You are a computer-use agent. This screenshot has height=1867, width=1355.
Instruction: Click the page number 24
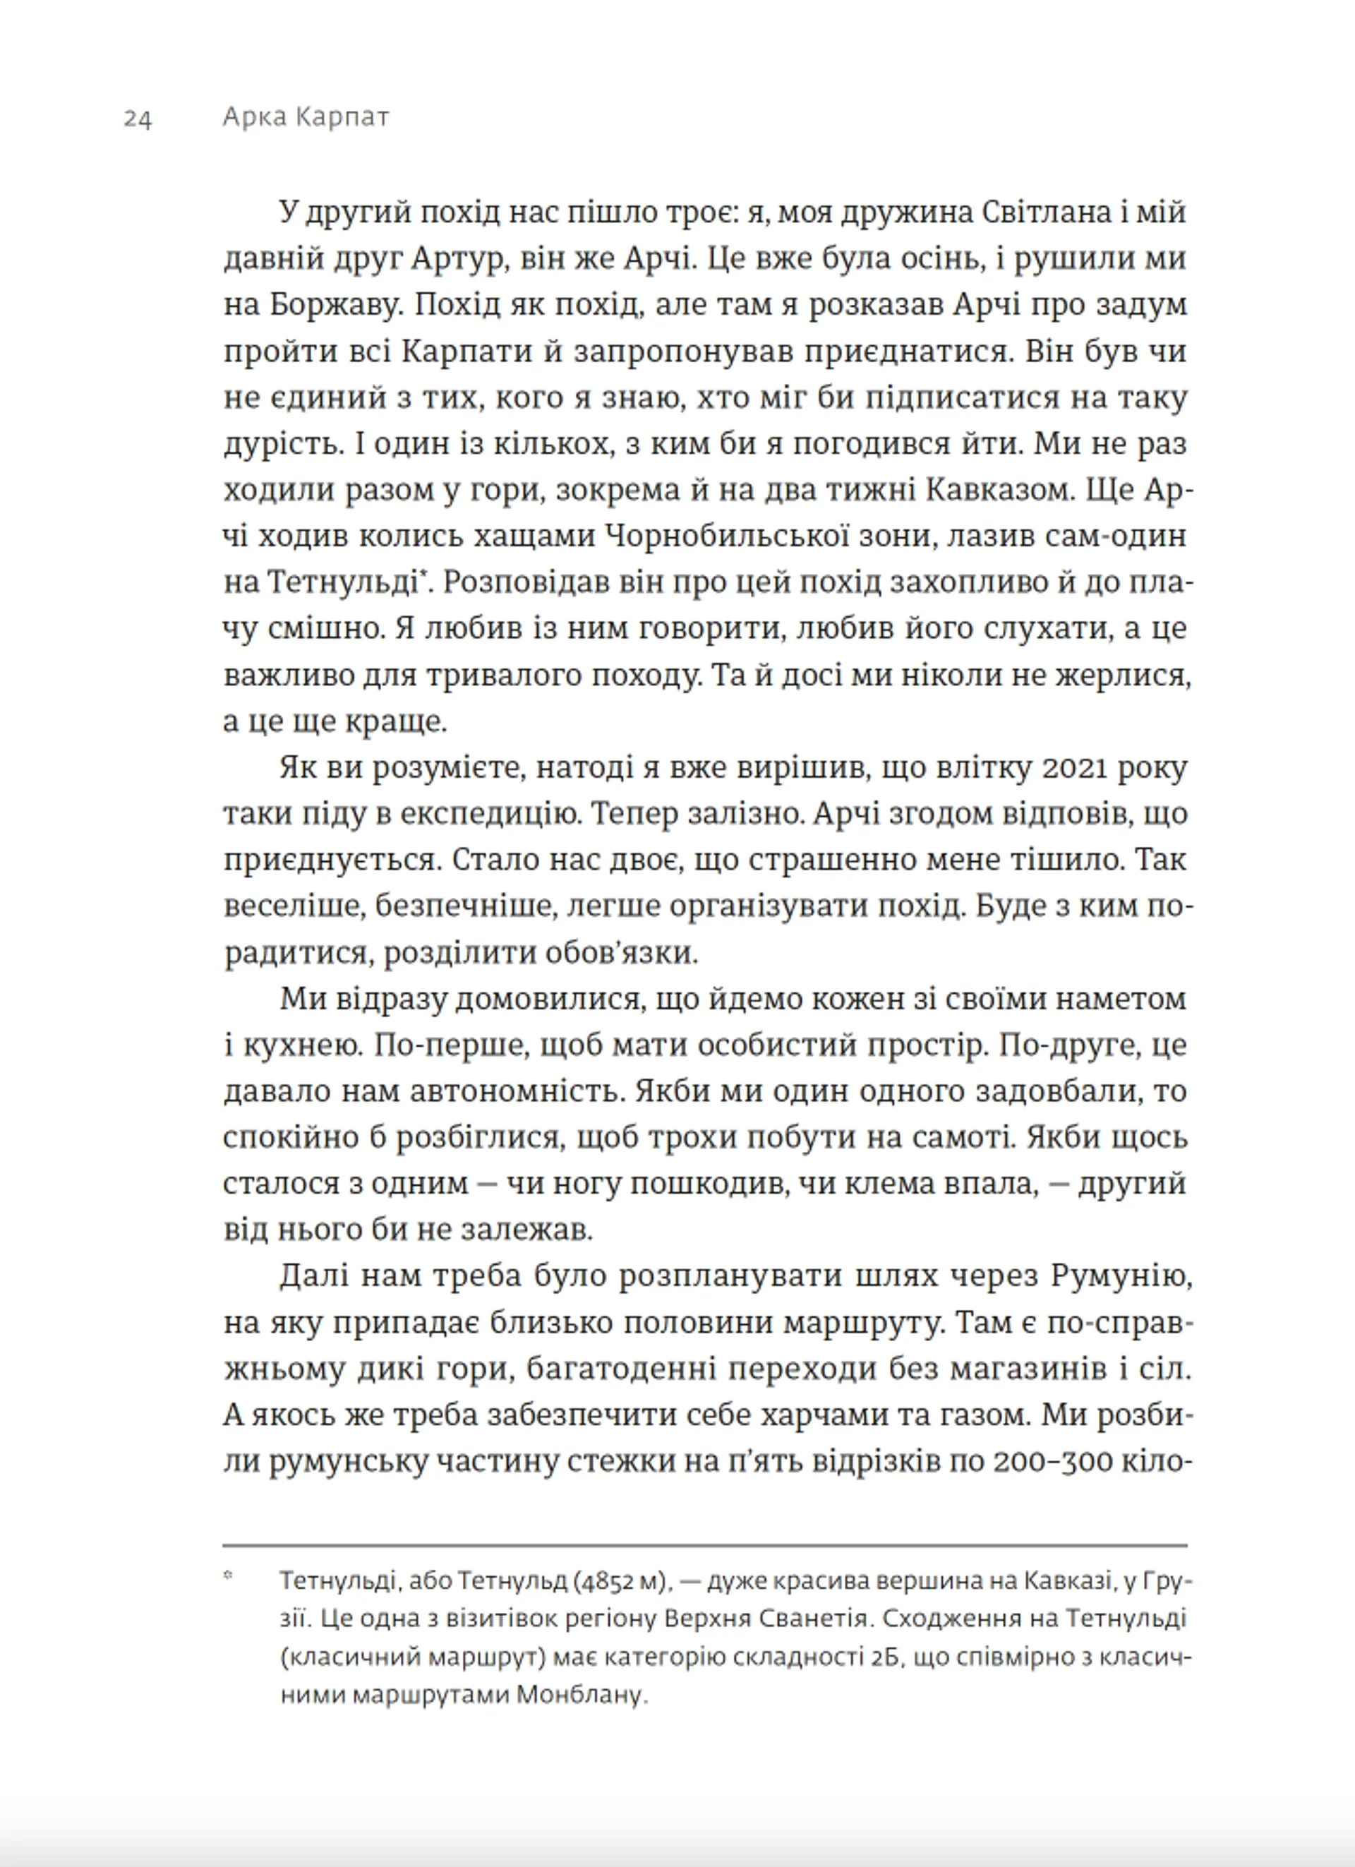pyautogui.click(x=138, y=120)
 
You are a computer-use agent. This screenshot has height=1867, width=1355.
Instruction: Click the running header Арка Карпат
pyautogui.click(x=306, y=118)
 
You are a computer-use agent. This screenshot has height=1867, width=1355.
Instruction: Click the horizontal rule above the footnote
pyautogui.click(x=704, y=1545)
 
